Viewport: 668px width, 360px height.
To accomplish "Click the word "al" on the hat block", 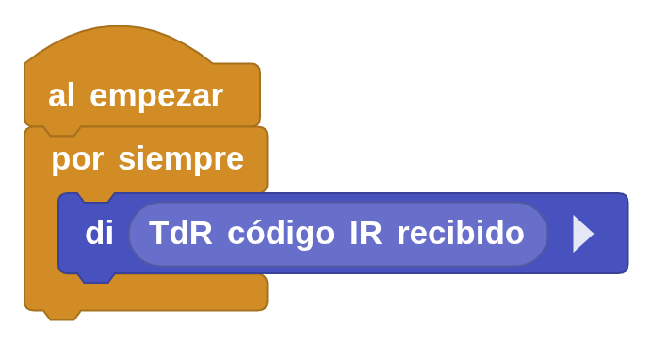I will point(61,95).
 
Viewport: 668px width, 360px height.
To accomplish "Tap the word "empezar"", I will point(156,96).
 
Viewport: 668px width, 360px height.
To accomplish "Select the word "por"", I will point(77,158).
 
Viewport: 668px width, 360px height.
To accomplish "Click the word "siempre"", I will point(181,158).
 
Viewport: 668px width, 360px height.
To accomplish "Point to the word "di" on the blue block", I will point(99,234).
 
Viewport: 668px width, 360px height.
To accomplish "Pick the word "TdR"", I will point(181,233).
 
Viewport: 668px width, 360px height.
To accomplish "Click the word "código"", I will point(281,233).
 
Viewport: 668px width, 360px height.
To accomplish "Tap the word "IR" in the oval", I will point(366,233).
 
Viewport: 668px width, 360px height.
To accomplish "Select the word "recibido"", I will point(461,233).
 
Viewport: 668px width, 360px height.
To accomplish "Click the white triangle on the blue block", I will point(582,234).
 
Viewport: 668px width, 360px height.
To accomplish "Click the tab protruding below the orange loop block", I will point(62,314).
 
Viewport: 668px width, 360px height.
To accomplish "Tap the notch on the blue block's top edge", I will point(95,198).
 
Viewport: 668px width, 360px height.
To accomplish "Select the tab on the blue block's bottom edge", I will point(95,277).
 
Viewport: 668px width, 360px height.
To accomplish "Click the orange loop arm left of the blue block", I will point(40,236).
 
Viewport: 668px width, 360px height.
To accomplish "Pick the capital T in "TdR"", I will point(158,233).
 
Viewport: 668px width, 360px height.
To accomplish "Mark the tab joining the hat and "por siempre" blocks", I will point(62,130).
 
